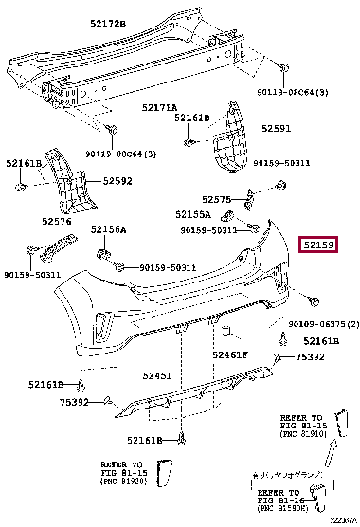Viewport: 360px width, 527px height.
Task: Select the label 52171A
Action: tap(159, 107)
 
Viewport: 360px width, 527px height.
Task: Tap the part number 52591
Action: tap(277, 127)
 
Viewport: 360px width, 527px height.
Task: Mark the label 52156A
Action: tap(108, 230)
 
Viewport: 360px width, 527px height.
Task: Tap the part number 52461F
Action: tap(229, 355)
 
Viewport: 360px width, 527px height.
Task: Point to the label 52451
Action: tap(157, 375)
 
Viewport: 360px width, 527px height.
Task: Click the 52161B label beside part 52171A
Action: tap(191, 118)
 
